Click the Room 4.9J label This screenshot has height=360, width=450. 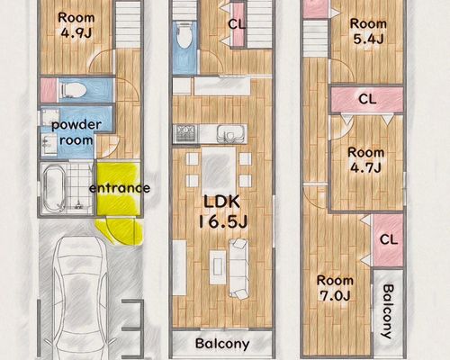pyautogui.click(x=76, y=25)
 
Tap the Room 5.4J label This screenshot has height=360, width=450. pyautogui.click(x=368, y=31)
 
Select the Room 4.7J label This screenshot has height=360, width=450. pyautogui.click(x=366, y=160)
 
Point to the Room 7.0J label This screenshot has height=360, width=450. pyautogui.click(x=335, y=288)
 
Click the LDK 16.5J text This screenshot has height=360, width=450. pyautogui.click(x=222, y=211)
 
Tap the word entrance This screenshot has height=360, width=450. pyautogui.click(x=120, y=188)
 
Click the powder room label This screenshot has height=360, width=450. pyautogui.click(x=76, y=132)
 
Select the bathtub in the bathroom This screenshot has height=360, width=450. pyautogui.click(x=54, y=188)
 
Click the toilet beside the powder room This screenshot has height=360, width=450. pyautogui.click(x=73, y=89)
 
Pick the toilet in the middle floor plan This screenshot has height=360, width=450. pyautogui.click(x=183, y=35)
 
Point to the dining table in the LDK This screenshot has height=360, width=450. pyautogui.click(x=219, y=168)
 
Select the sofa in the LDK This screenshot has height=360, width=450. pyautogui.click(x=238, y=268)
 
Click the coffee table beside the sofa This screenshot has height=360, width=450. pyautogui.click(x=218, y=267)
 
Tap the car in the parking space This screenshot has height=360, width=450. pyautogui.click(x=80, y=297)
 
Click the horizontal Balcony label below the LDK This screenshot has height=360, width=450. pyautogui.click(x=222, y=344)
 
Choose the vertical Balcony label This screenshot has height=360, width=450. pyautogui.click(x=388, y=311)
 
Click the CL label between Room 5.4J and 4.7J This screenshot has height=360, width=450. pyautogui.click(x=367, y=99)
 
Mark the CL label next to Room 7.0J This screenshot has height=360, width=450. pyautogui.click(x=389, y=239)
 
